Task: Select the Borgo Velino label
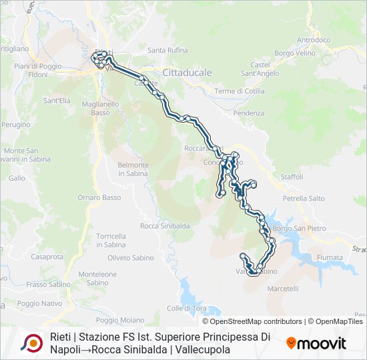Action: pos(294,52)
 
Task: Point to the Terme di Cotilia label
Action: pos(240,91)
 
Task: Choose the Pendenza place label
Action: pos(249,113)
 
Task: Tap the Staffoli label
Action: pos(292,177)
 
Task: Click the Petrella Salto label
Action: pos(304,198)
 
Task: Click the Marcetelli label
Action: pos(283,289)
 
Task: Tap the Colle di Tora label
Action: pos(187,308)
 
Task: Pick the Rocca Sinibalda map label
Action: pos(165,226)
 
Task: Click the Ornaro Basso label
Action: pos(99,197)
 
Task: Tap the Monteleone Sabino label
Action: pos(97,278)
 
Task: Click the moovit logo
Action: pos(316,343)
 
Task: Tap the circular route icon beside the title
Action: pos(31,343)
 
